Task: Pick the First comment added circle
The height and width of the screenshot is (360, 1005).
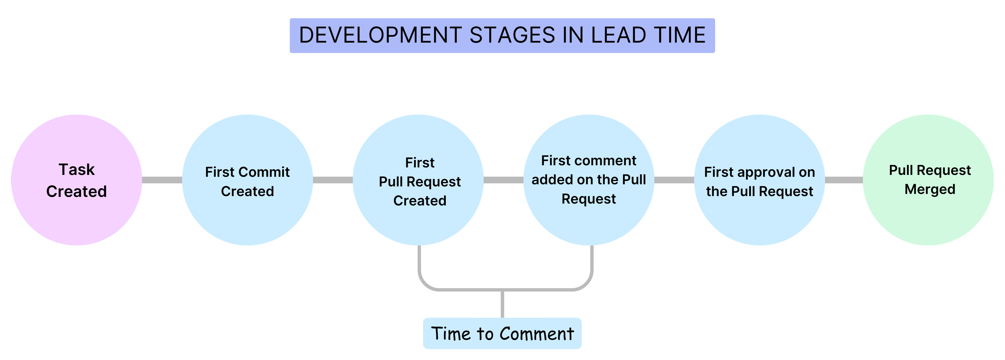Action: click(x=589, y=222)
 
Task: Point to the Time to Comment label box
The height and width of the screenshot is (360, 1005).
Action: click(x=502, y=334)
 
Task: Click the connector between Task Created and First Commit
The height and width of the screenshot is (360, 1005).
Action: click(x=162, y=180)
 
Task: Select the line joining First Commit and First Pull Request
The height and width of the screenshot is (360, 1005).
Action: click(x=333, y=180)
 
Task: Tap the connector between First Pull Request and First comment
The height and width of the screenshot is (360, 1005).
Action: click(x=503, y=180)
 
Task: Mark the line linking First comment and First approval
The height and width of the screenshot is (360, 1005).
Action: click(x=674, y=180)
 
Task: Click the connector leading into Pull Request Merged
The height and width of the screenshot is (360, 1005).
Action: click(x=844, y=180)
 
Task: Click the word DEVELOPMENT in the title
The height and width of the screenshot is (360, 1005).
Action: click(x=380, y=35)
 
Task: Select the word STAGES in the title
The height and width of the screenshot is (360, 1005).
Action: click(x=512, y=35)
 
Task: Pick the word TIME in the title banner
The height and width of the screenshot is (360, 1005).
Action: click(x=680, y=35)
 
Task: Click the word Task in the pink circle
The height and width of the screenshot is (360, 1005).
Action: click(x=76, y=170)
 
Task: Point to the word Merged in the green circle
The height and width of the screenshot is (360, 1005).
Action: click(x=930, y=190)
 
